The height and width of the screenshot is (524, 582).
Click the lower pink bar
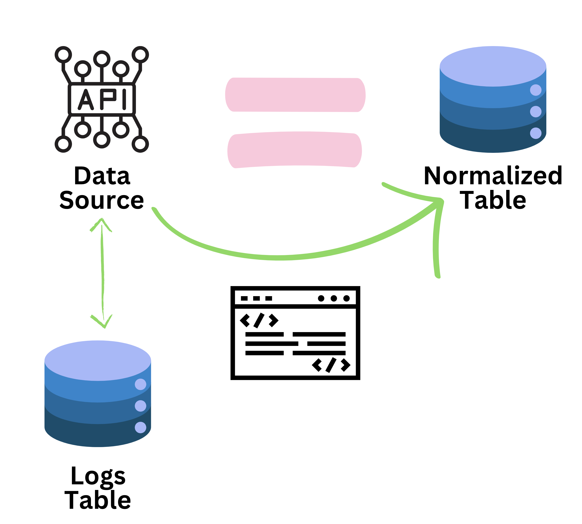click(294, 150)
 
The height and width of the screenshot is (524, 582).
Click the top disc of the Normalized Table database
click(493, 66)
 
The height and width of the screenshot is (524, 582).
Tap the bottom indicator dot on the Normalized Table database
click(536, 133)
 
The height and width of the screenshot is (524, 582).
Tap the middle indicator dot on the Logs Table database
click(140, 406)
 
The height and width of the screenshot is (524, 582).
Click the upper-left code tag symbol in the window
click(259, 320)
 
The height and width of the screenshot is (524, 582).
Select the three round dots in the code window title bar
click(334, 298)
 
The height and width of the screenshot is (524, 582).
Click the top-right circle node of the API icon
click(140, 54)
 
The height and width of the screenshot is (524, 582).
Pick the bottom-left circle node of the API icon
click(63, 144)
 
